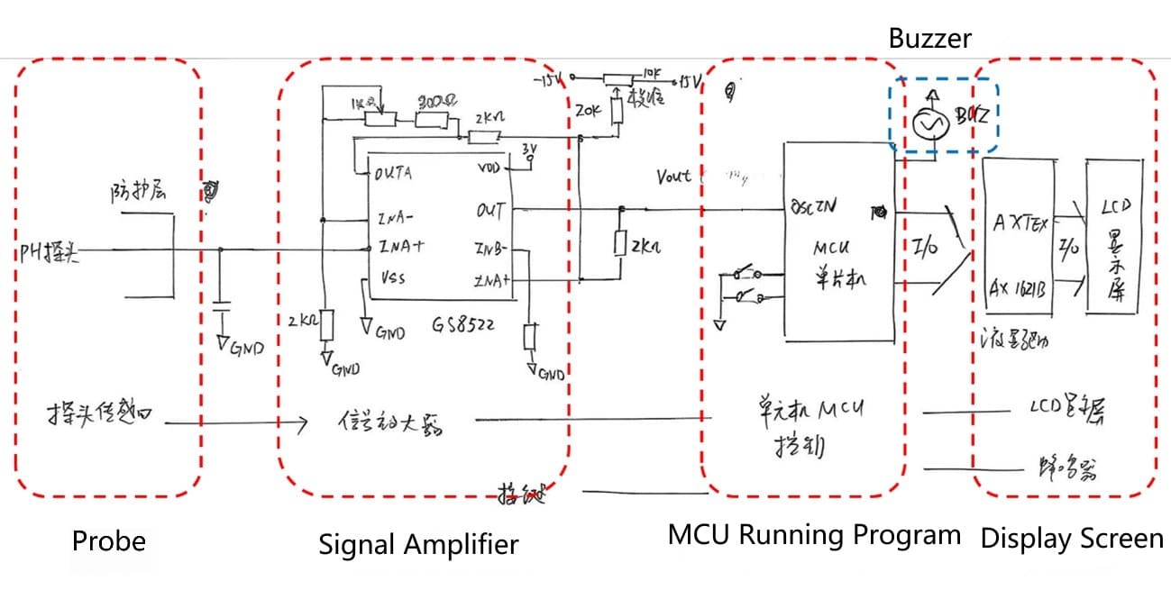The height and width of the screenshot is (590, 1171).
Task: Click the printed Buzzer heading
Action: (x=930, y=38)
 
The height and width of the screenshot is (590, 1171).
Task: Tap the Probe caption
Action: (x=108, y=540)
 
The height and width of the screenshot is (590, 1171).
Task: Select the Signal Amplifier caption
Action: (x=418, y=544)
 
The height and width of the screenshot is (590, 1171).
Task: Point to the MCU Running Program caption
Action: (x=814, y=535)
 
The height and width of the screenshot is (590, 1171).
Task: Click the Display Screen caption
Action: (x=1072, y=539)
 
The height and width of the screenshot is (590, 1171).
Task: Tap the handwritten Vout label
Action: (x=674, y=177)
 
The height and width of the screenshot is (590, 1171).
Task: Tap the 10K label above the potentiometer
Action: (x=653, y=71)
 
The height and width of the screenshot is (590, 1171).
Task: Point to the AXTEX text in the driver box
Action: (x=1021, y=224)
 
